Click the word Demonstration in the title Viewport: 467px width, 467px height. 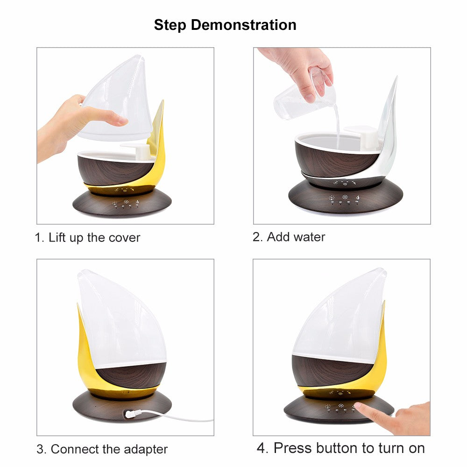pyautogui.click(x=243, y=25)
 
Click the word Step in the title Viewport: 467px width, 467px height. pyautogui.click(x=170, y=25)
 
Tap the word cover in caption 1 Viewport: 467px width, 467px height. pyautogui.click(x=124, y=238)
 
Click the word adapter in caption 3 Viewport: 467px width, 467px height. pyautogui.click(x=145, y=449)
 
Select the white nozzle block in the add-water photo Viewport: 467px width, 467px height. pyautogui.click(x=361, y=132)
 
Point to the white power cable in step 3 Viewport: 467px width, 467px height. pyautogui.click(x=177, y=417)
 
